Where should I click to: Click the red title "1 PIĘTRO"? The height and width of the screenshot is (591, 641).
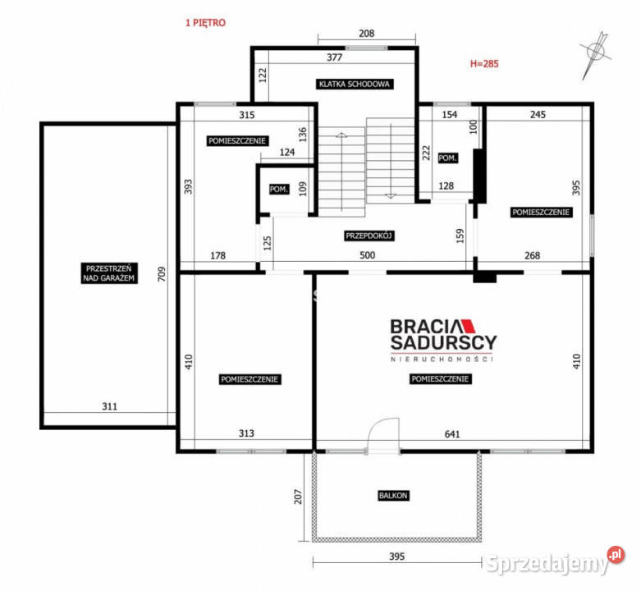click(205, 23)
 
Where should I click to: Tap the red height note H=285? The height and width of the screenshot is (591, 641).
click(484, 64)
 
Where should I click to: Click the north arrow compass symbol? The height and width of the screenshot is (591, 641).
click(595, 54)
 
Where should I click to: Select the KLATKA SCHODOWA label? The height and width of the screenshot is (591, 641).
click(355, 85)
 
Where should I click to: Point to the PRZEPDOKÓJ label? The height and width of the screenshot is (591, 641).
click(369, 236)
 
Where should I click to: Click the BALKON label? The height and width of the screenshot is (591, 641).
click(393, 496)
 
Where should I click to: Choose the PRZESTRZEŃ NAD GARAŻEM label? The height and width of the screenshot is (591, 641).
click(108, 273)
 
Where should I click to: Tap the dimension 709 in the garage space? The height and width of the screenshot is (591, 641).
click(162, 274)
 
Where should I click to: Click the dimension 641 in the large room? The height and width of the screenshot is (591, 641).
click(452, 434)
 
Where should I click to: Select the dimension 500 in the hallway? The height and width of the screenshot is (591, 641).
click(367, 255)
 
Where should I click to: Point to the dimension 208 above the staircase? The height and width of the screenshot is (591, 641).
click(366, 34)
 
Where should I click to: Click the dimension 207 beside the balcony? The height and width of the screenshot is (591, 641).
click(298, 497)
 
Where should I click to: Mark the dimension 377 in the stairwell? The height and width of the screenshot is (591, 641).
click(334, 57)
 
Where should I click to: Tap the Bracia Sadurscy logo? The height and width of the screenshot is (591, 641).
click(443, 340)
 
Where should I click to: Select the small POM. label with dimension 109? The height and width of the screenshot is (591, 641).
click(279, 190)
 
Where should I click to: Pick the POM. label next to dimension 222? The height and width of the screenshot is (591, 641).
click(447, 158)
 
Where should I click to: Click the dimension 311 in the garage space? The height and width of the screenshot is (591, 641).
click(109, 406)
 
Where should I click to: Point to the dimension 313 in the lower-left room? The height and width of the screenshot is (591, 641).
click(246, 433)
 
